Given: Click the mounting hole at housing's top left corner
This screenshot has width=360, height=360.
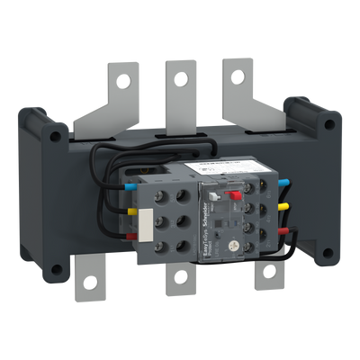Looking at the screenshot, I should [x=56, y=138].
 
